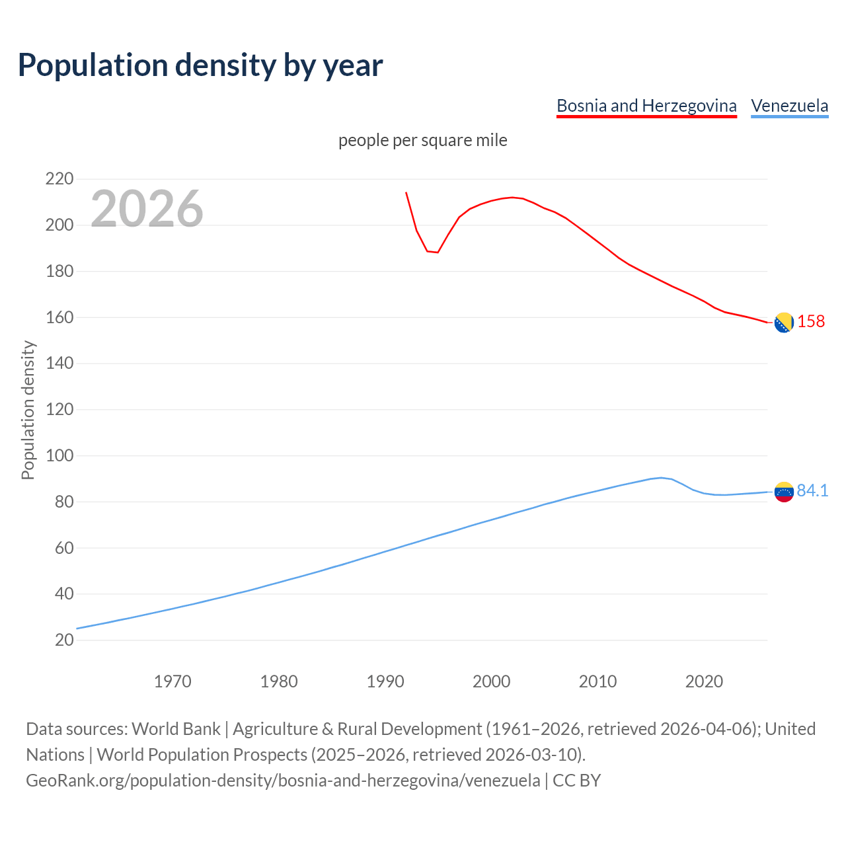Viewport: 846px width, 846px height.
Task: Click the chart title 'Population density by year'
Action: [200, 65]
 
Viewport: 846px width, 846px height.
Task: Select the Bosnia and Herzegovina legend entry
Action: [646, 106]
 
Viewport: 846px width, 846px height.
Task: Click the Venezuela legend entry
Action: [789, 106]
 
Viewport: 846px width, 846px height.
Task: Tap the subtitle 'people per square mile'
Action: [422, 140]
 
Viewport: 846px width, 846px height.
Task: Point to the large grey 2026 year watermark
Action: [147, 209]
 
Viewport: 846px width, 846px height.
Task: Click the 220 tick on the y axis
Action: [59, 179]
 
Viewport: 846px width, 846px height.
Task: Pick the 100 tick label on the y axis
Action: [59, 456]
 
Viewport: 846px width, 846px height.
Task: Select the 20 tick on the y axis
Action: [64, 640]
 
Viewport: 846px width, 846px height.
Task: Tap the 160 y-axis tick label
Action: [59, 318]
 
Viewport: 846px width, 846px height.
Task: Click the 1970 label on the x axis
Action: [173, 681]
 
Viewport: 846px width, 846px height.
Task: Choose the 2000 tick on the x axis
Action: [491, 681]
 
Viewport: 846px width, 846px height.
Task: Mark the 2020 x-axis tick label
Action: [704, 681]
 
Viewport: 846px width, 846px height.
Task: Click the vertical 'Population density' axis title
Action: [28, 410]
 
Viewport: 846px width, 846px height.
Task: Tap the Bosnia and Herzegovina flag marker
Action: [783, 323]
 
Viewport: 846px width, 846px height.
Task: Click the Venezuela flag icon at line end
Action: [783, 492]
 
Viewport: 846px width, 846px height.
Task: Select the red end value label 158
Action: [811, 322]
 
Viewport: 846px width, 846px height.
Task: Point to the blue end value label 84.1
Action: [812, 490]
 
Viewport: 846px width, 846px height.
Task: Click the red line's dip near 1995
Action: [437, 252]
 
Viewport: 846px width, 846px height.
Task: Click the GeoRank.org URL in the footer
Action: [283, 781]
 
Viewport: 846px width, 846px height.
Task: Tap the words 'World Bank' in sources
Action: [176, 729]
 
